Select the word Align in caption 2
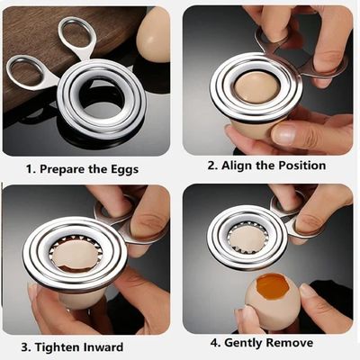[x=237, y=166]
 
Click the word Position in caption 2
[x=302, y=166]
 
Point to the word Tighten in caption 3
[x=58, y=347]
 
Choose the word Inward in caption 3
[x=103, y=347]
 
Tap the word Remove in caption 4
[x=290, y=343]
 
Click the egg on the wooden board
[x=153, y=34]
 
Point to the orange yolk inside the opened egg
[x=273, y=286]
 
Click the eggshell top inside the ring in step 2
[x=257, y=87]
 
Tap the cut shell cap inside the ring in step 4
[x=247, y=238]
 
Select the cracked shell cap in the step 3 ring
[x=76, y=255]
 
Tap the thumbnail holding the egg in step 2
[x=283, y=136]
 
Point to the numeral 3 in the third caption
[x=25, y=347]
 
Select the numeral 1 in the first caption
[x=29, y=170]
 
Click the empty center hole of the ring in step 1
[x=102, y=99]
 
